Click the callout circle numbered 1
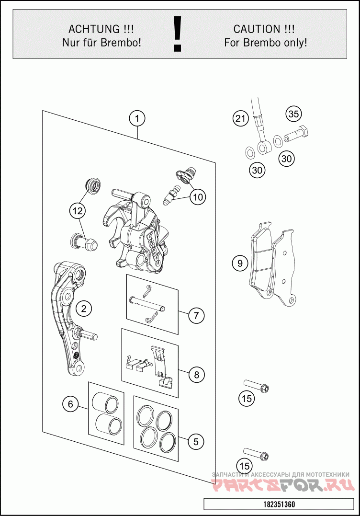137,118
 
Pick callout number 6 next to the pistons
70,404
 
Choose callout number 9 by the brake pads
240,263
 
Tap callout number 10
197,196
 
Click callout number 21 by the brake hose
240,118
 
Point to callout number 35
293,114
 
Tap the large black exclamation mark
178,34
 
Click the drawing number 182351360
279,505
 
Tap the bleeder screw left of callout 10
170,197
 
